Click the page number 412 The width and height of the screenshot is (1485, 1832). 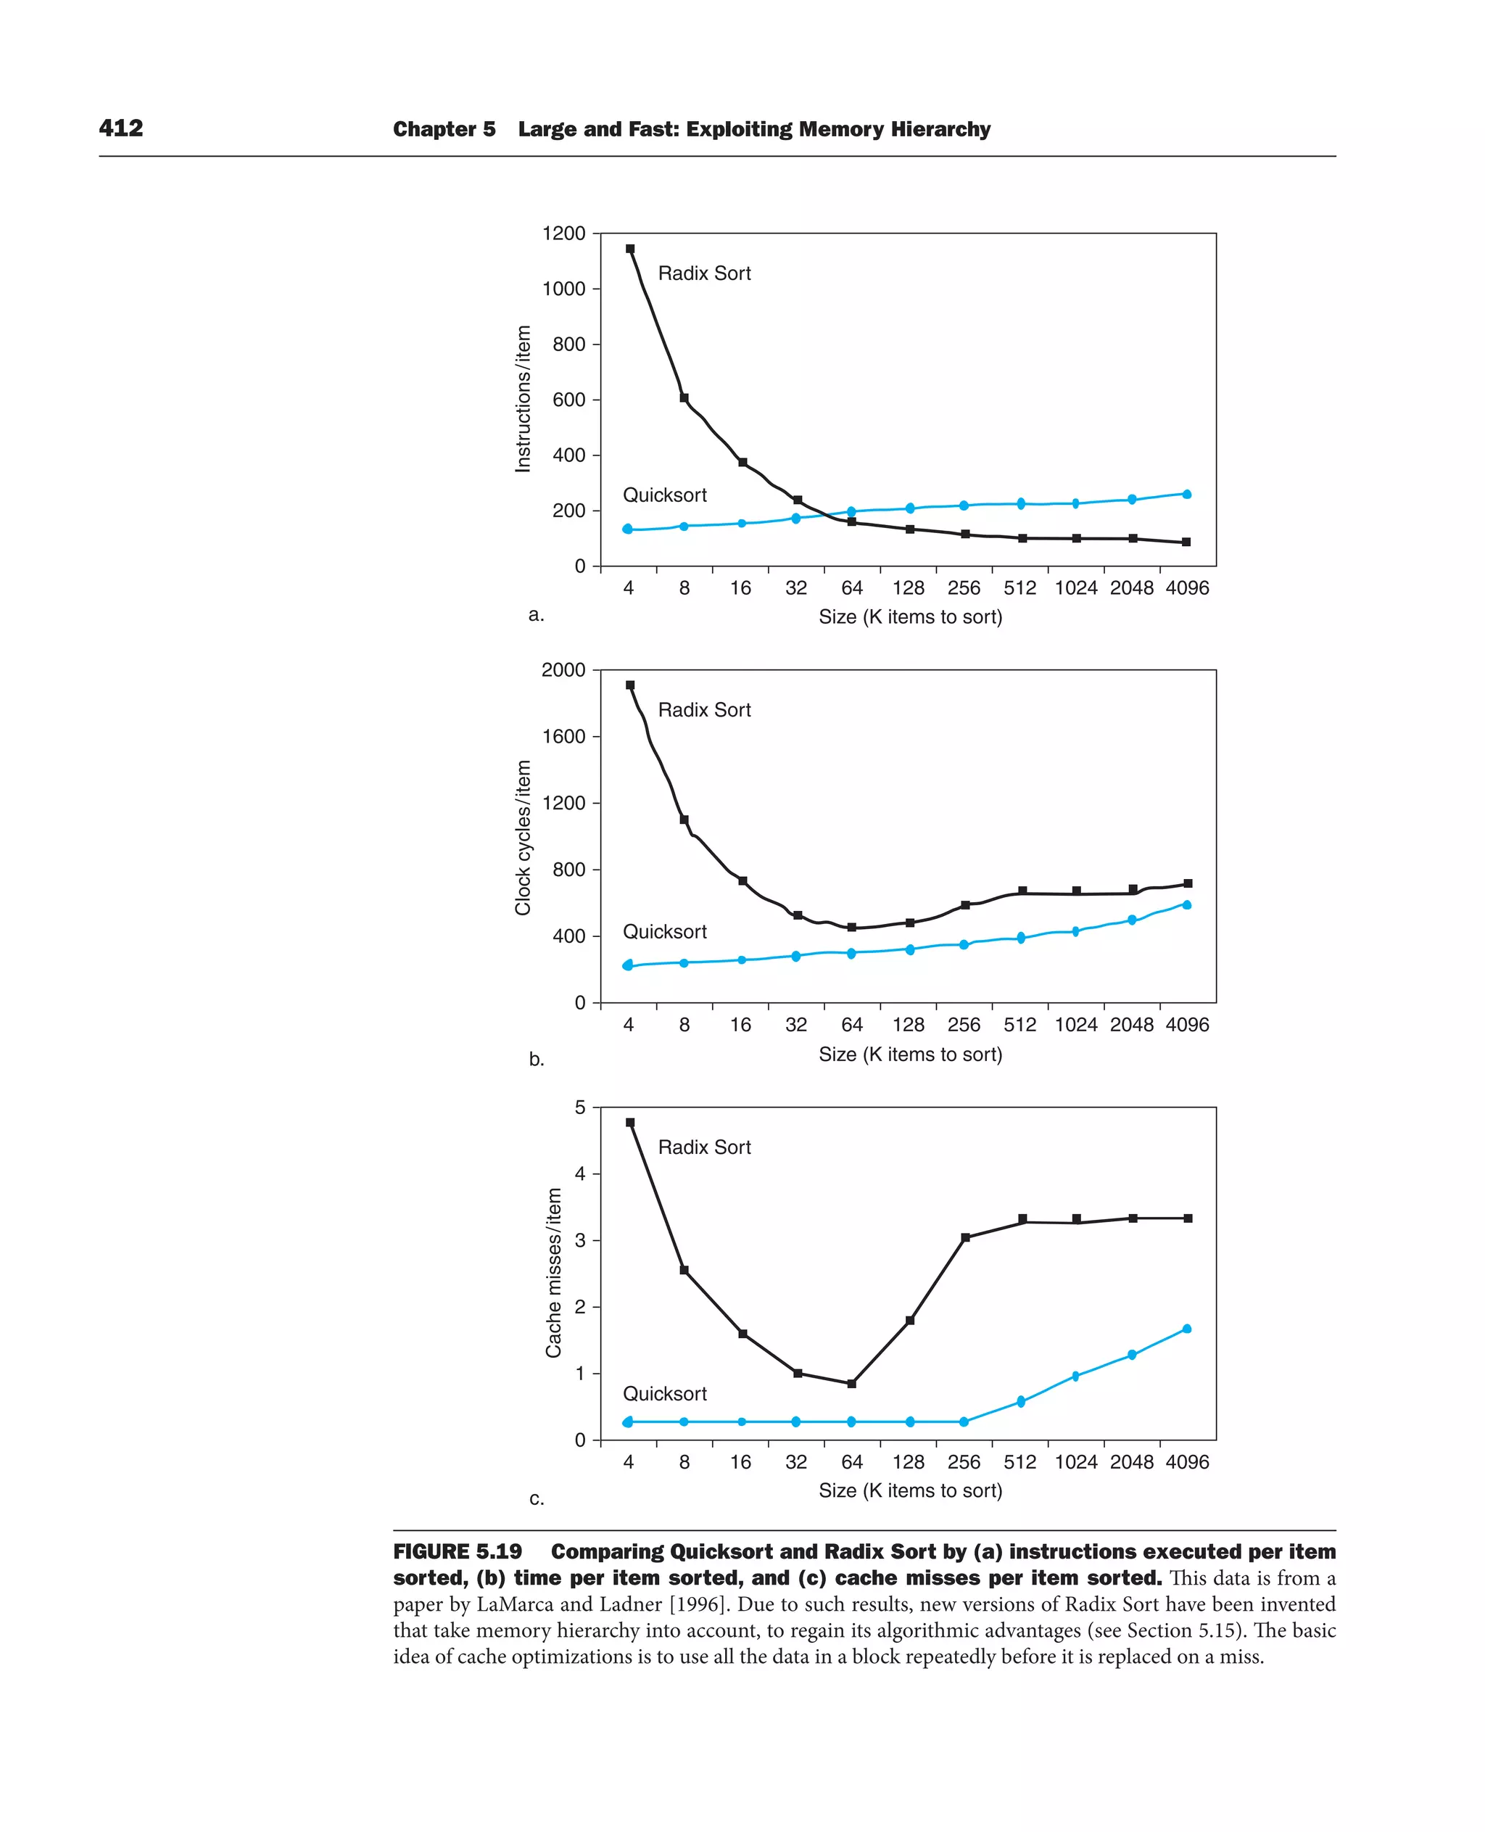pos(120,128)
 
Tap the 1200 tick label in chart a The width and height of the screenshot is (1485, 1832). pos(563,234)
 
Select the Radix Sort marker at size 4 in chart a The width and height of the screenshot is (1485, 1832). pos(630,249)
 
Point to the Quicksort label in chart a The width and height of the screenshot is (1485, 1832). pos(665,495)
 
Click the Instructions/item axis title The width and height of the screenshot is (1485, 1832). pos(523,399)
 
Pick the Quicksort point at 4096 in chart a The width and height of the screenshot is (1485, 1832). pos(1186,494)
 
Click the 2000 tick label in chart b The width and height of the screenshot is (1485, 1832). pos(563,670)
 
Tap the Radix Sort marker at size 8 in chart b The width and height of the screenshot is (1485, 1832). pos(684,820)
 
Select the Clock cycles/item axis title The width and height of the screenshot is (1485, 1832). pos(523,837)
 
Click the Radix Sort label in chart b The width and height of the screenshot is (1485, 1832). pos(704,709)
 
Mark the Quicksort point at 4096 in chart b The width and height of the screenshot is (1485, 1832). pos(1186,904)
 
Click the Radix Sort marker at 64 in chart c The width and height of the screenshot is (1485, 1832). pos(851,1384)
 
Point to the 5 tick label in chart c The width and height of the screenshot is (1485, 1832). pos(581,1107)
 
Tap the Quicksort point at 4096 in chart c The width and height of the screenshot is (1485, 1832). pos(1186,1329)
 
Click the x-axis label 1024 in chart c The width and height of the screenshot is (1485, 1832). pos(1075,1461)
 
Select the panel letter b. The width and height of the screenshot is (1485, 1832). pos(537,1060)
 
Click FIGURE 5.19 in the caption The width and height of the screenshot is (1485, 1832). pos(458,1552)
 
